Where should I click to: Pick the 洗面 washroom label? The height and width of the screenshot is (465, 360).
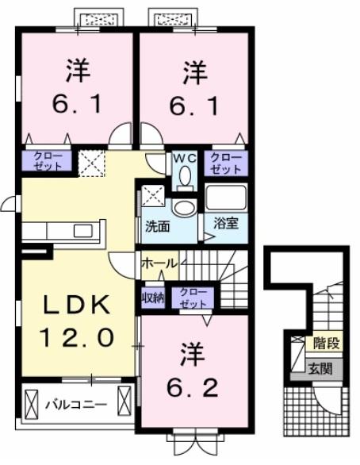[x=156, y=225]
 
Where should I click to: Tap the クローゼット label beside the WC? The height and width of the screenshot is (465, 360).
[x=226, y=163]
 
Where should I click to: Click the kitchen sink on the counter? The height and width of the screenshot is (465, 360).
[x=82, y=231]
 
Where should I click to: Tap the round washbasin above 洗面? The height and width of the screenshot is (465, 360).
[x=183, y=208]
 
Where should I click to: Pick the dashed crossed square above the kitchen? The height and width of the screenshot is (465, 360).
[x=90, y=165]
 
